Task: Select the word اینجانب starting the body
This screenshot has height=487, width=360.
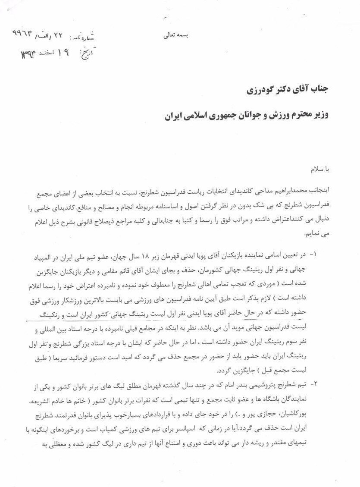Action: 319,189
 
